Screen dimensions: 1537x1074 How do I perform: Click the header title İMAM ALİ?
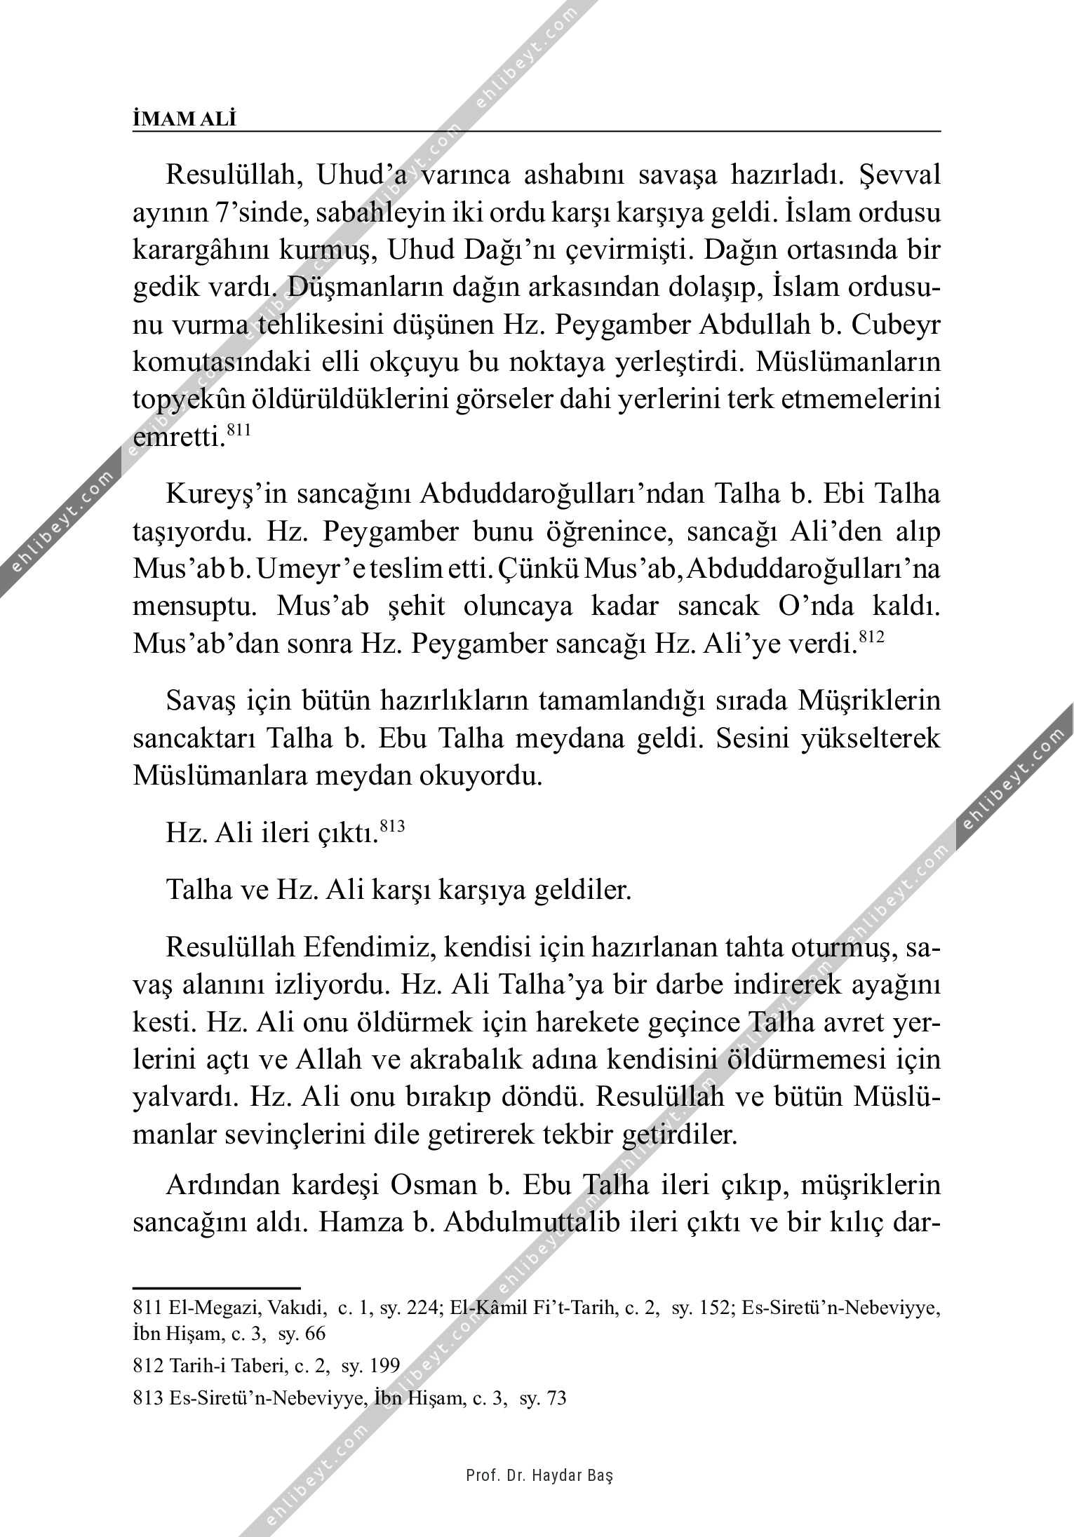click(184, 119)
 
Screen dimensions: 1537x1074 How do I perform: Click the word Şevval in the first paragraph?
click(899, 175)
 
